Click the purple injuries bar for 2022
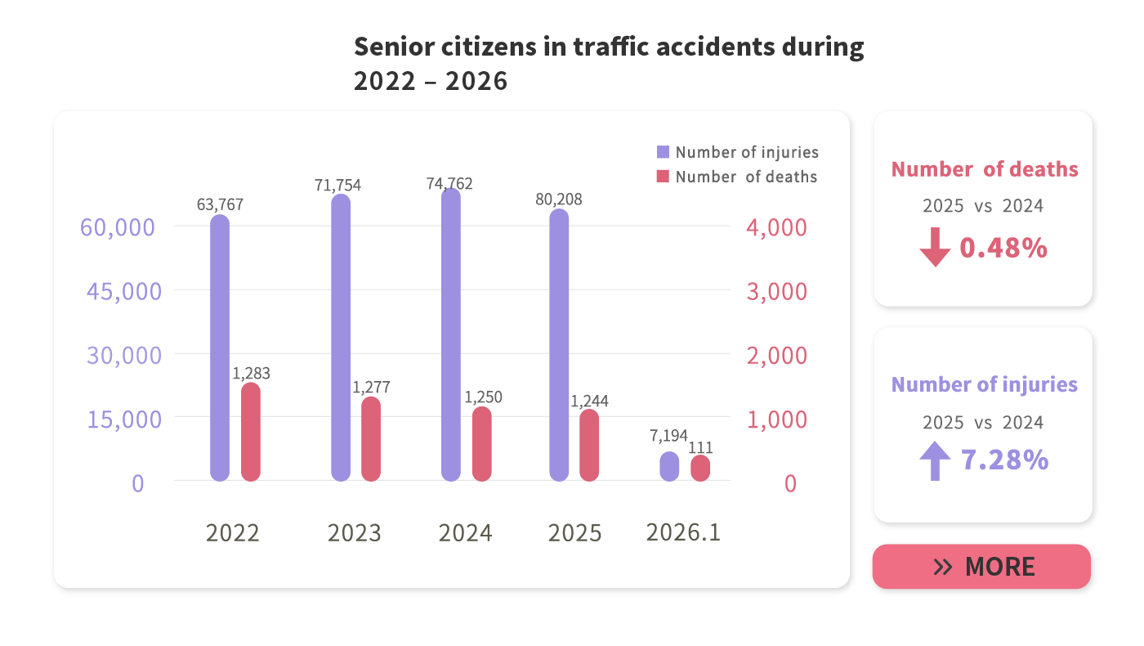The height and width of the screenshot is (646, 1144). (219, 348)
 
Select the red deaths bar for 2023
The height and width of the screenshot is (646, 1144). (371, 439)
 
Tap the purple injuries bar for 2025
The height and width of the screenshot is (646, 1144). (559, 345)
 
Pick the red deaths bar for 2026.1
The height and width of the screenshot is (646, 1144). (700, 468)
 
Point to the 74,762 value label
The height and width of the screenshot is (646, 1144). (449, 184)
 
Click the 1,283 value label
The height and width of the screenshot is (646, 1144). (251, 374)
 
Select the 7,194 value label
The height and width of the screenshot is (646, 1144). (668, 436)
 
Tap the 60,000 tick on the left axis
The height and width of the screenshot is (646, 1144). (117, 227)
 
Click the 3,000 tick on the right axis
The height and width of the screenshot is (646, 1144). (776, 292)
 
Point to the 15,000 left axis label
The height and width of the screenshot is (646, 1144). (124, 419)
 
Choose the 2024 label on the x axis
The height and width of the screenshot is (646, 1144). (465, 533)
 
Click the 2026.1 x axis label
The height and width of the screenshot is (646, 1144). (683, 532)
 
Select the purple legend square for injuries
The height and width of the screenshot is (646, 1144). (664, 152)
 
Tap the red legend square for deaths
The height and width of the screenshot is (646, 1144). (664, 177)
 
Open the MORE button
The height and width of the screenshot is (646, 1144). (981, 567)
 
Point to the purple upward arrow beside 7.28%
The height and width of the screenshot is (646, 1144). (935, 461)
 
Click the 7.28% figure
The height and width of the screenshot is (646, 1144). (1004, 460)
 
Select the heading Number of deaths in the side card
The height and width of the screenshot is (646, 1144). (985, 169)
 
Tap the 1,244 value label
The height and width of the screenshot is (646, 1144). (589, 402)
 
